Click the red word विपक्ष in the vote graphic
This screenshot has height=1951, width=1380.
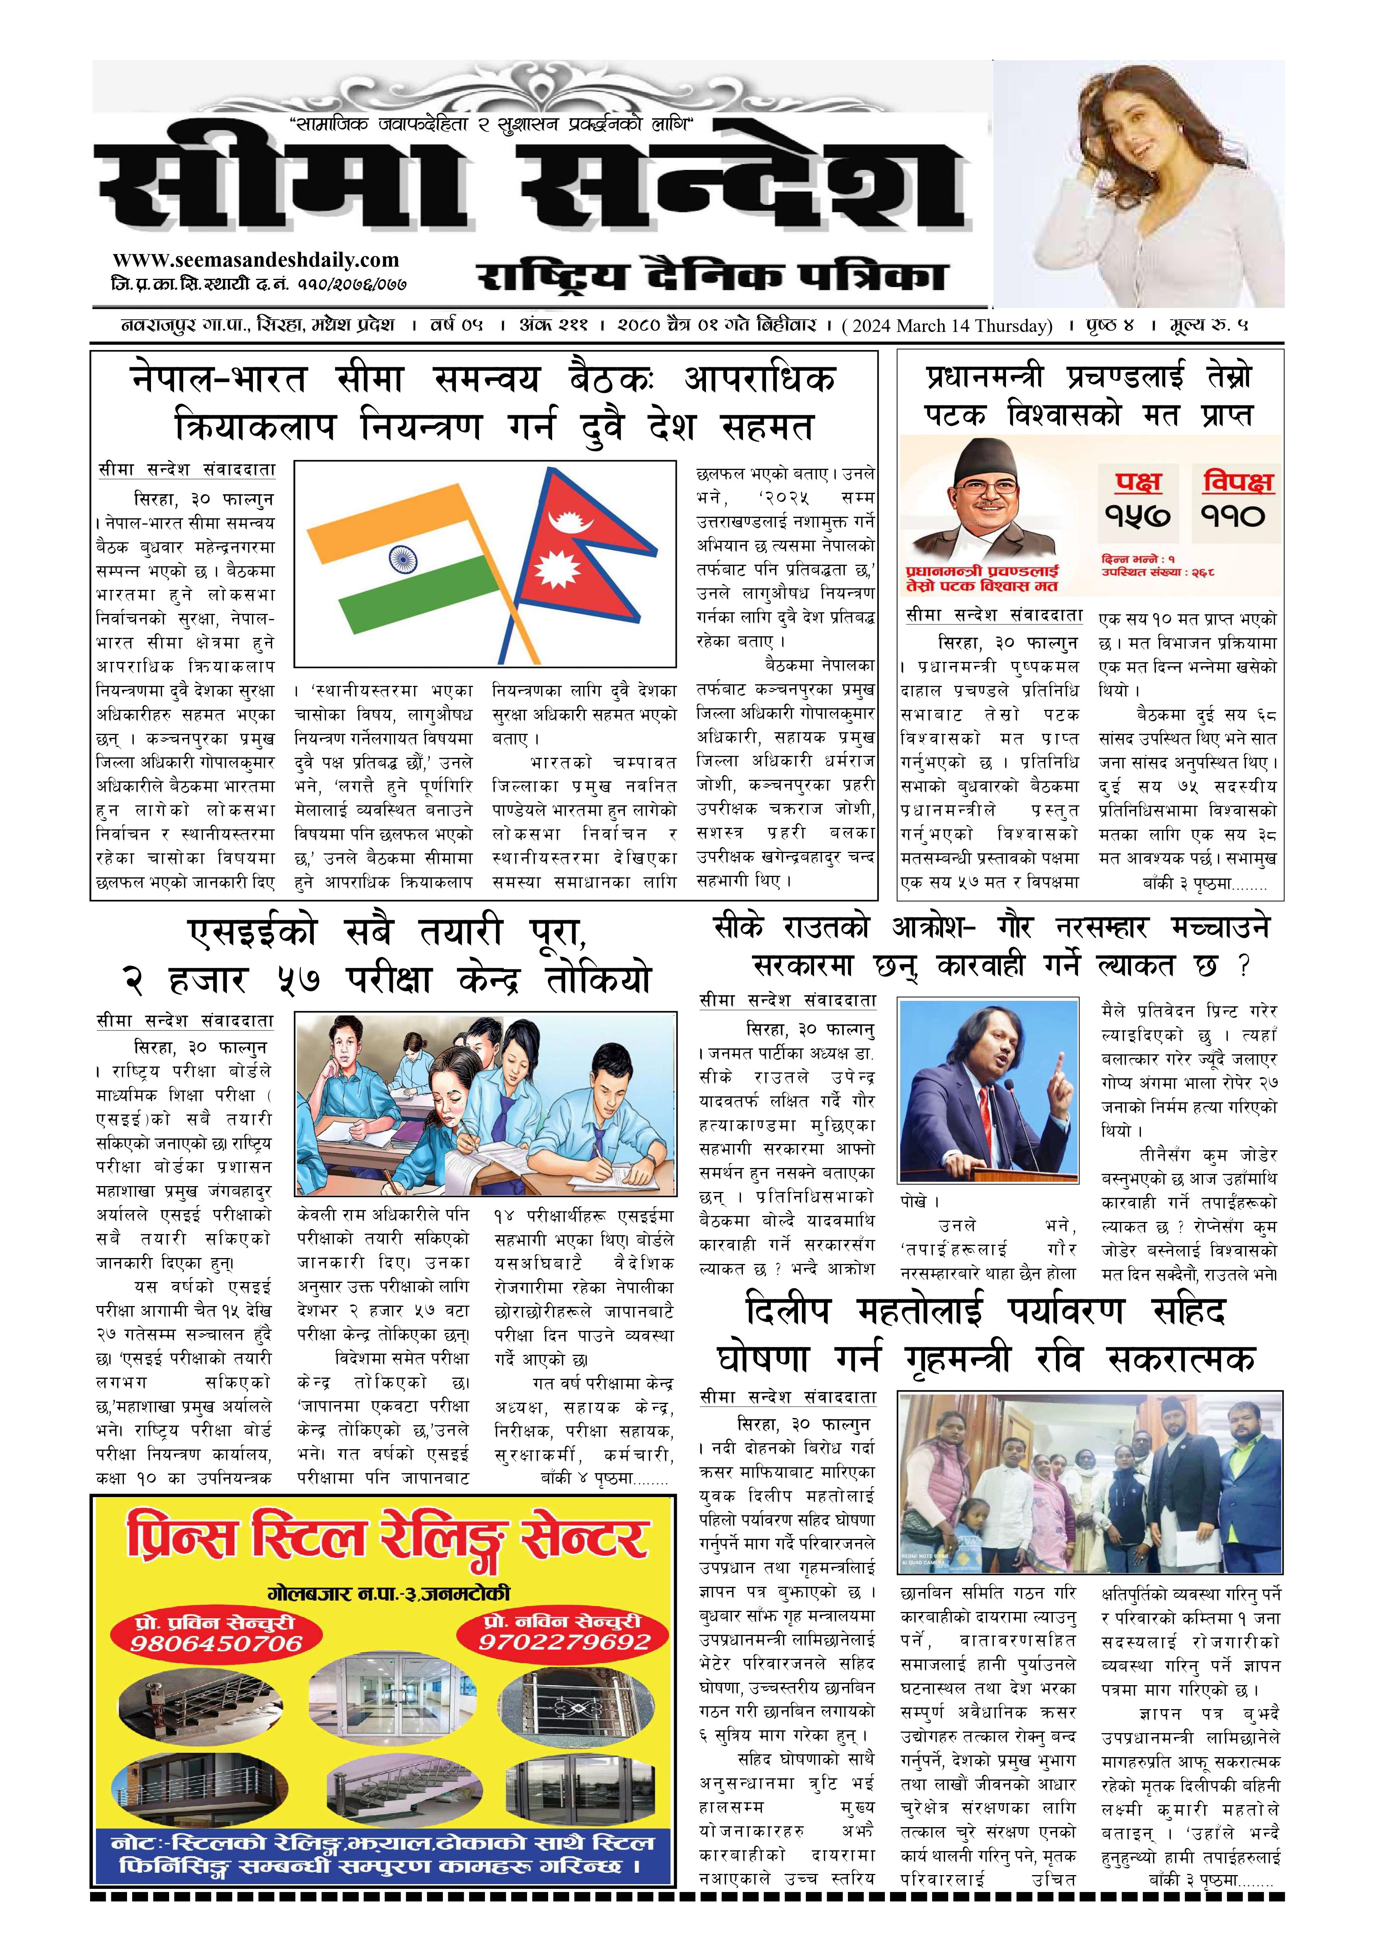(1237, 482)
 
